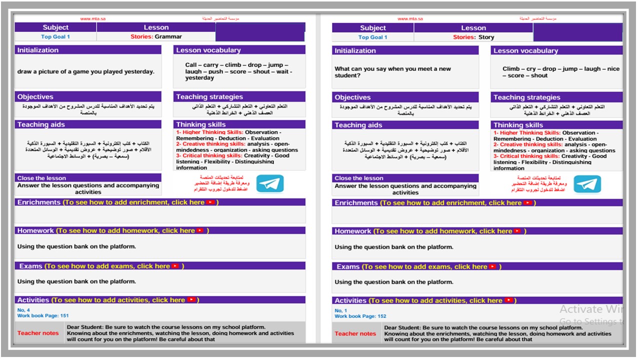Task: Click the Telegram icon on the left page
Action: coord(270,184)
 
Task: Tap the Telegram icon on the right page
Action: coord(587,184)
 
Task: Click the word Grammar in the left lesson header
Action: coord(168,36)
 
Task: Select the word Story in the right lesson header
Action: coord(486,37)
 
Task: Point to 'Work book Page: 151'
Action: coord(43,316)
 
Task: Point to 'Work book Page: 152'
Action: coord(360,316)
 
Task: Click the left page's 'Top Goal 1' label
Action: coord(55,36)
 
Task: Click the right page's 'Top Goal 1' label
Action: coord(373,37)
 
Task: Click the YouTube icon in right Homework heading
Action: coord(517,231)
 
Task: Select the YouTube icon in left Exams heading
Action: coord(175,266)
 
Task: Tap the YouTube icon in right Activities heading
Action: coord(508,300)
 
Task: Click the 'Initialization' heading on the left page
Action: coord(38,50)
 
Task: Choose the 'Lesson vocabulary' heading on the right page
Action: coord(525,50)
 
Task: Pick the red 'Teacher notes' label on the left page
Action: coord(38,333)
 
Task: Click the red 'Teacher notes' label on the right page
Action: coord(355,333)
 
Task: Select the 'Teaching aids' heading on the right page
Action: coord(358,125)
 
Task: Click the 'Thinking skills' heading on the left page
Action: coord(200,124)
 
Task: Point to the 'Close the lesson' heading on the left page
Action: coord(41,178)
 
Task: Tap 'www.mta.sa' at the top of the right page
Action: coord(410,19)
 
